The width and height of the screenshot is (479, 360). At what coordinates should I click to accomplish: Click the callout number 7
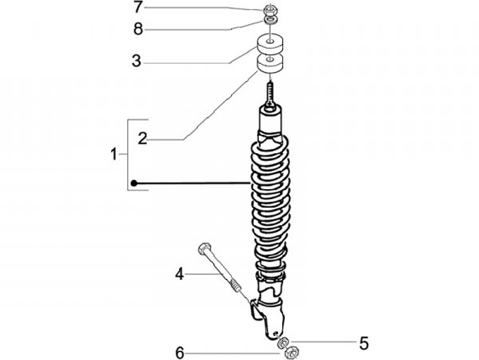coord(137,8)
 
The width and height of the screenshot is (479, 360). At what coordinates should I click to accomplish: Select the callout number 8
coord(137,29)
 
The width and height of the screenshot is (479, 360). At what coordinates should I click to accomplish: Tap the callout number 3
coord(136,62)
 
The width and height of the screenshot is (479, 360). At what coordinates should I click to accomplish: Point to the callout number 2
coord(142,138)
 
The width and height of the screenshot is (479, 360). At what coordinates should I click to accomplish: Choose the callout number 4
coord(179,273)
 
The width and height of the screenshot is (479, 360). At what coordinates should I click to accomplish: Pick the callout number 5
coord(363,343)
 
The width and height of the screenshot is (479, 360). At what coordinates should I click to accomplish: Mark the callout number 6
coord(179,353)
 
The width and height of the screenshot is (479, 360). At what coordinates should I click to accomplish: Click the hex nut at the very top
coord(271,10)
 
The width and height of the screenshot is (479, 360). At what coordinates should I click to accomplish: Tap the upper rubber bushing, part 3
coord(271,46)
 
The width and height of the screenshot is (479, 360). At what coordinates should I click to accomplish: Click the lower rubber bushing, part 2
coord(271,67)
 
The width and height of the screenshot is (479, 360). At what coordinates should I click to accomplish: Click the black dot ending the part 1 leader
coord(134,183)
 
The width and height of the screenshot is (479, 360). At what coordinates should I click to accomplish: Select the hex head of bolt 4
coord(204,250)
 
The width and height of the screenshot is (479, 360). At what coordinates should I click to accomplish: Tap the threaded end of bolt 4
coord(237,287)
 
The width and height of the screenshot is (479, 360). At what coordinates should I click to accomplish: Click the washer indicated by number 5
coord(282,343)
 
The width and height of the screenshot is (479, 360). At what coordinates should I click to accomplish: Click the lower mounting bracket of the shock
coord(267,313)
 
